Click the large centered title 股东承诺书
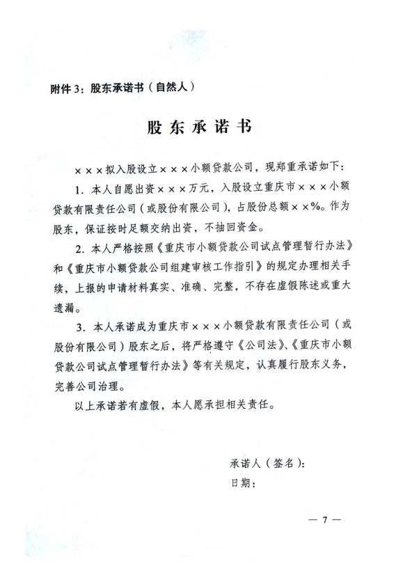click(x=200, y=130)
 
